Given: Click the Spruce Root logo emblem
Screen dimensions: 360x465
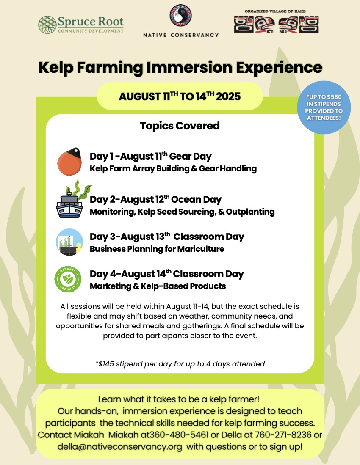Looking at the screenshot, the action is [x=47, y=25].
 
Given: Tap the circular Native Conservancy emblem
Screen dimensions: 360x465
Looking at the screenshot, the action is [x=180, y=15].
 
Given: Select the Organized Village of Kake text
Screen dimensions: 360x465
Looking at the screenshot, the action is [x=275, y=11].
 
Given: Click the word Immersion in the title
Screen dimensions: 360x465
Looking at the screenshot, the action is [x=189, y=67].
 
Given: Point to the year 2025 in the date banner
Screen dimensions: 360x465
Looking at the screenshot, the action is [x=228, y=96].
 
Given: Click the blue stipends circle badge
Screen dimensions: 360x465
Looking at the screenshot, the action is [x=324, y=107].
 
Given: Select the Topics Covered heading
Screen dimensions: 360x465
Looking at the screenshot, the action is [x=180, y=126].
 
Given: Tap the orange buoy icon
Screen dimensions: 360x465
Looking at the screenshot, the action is [x=69, y=162].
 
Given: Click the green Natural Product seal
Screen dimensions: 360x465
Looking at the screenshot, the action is [x=68, y=279].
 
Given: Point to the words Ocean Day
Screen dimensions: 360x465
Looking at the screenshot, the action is [x=197, y=200].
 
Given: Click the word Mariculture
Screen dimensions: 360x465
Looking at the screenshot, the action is [x=201, y=249].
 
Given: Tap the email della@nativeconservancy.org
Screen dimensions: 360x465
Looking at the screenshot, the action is [x=119, y=447].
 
